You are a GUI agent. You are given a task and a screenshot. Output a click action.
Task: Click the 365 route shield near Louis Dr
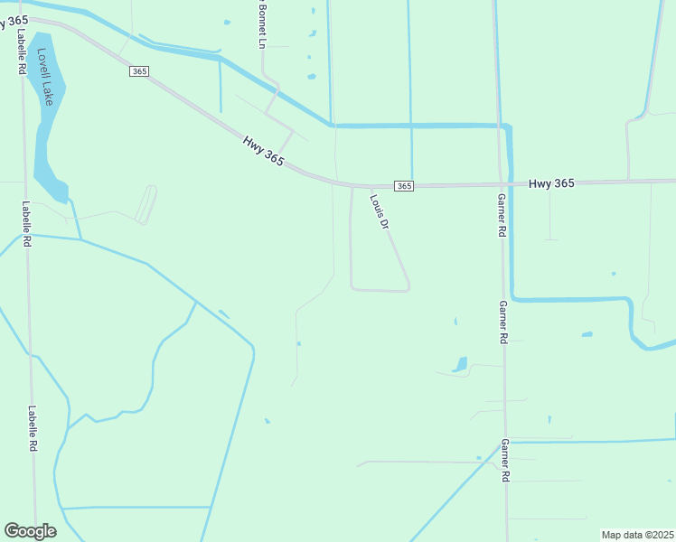click(x=404, y=186)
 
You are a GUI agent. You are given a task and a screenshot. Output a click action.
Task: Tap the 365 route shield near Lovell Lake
click(x=138, y=71)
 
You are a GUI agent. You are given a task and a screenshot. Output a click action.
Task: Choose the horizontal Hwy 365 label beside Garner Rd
click(x=551, y=183)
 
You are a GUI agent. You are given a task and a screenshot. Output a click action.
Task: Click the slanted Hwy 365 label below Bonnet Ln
click(x=263, y=151)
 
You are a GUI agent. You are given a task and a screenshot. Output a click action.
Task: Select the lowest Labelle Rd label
click(x=32, y=427)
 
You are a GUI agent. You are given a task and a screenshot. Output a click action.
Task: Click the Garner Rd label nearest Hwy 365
click(x=502, y=215)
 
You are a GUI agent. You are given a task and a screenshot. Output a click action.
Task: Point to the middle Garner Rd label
click(x=502, y=322)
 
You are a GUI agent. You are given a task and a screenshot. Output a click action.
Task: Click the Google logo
click(x=30, y=530)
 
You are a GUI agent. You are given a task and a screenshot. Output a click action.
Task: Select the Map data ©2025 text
click(x=637, y=535)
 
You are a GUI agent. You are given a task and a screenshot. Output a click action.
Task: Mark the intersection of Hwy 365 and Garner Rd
click(x=500, y=184)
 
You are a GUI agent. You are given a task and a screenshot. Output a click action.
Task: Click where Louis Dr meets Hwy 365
click(x=369, y=187)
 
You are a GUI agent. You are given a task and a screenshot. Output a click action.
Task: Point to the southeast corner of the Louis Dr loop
click(x=408, y=288)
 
